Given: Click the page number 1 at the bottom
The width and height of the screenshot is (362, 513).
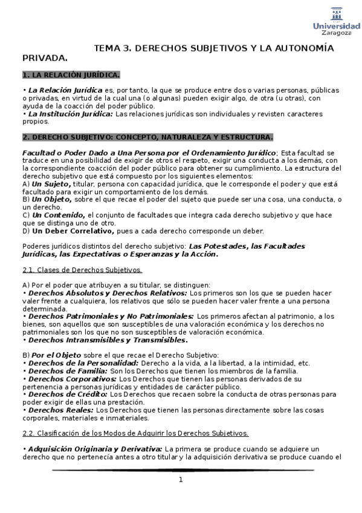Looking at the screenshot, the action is point(180,480).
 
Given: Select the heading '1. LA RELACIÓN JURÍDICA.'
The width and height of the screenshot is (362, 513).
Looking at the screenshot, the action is point(71,75).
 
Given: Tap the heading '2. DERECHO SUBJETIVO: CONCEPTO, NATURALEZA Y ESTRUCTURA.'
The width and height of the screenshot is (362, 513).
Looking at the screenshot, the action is point(147,137).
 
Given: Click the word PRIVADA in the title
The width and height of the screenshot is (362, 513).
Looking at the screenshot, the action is point(44,58).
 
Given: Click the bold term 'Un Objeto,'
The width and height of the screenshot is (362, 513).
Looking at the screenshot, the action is point(51,199).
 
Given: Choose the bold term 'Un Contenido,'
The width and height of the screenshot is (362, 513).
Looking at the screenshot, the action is point(58,215).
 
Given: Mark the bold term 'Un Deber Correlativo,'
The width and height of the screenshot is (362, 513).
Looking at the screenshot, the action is point(73,230).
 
